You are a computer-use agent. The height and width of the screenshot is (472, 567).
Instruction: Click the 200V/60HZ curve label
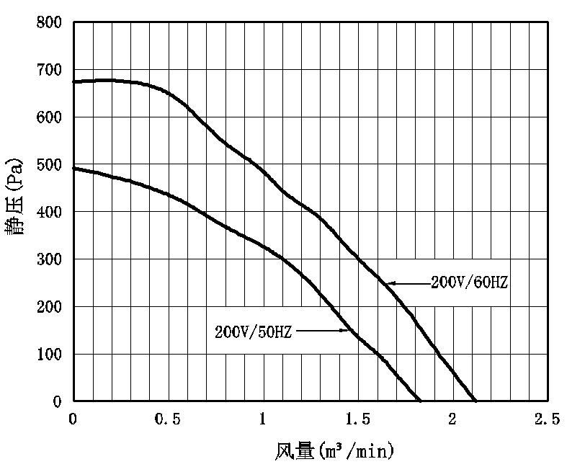[x=470, y=283]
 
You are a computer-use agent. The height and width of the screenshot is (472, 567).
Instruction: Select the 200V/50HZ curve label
[x=253, y=332]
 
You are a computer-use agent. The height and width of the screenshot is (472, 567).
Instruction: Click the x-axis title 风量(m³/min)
[x=335, y=452]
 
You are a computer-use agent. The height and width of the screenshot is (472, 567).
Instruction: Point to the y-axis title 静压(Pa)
[x=16, y=195]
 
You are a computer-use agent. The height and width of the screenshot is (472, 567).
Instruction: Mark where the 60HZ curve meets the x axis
[x=476, y=401]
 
